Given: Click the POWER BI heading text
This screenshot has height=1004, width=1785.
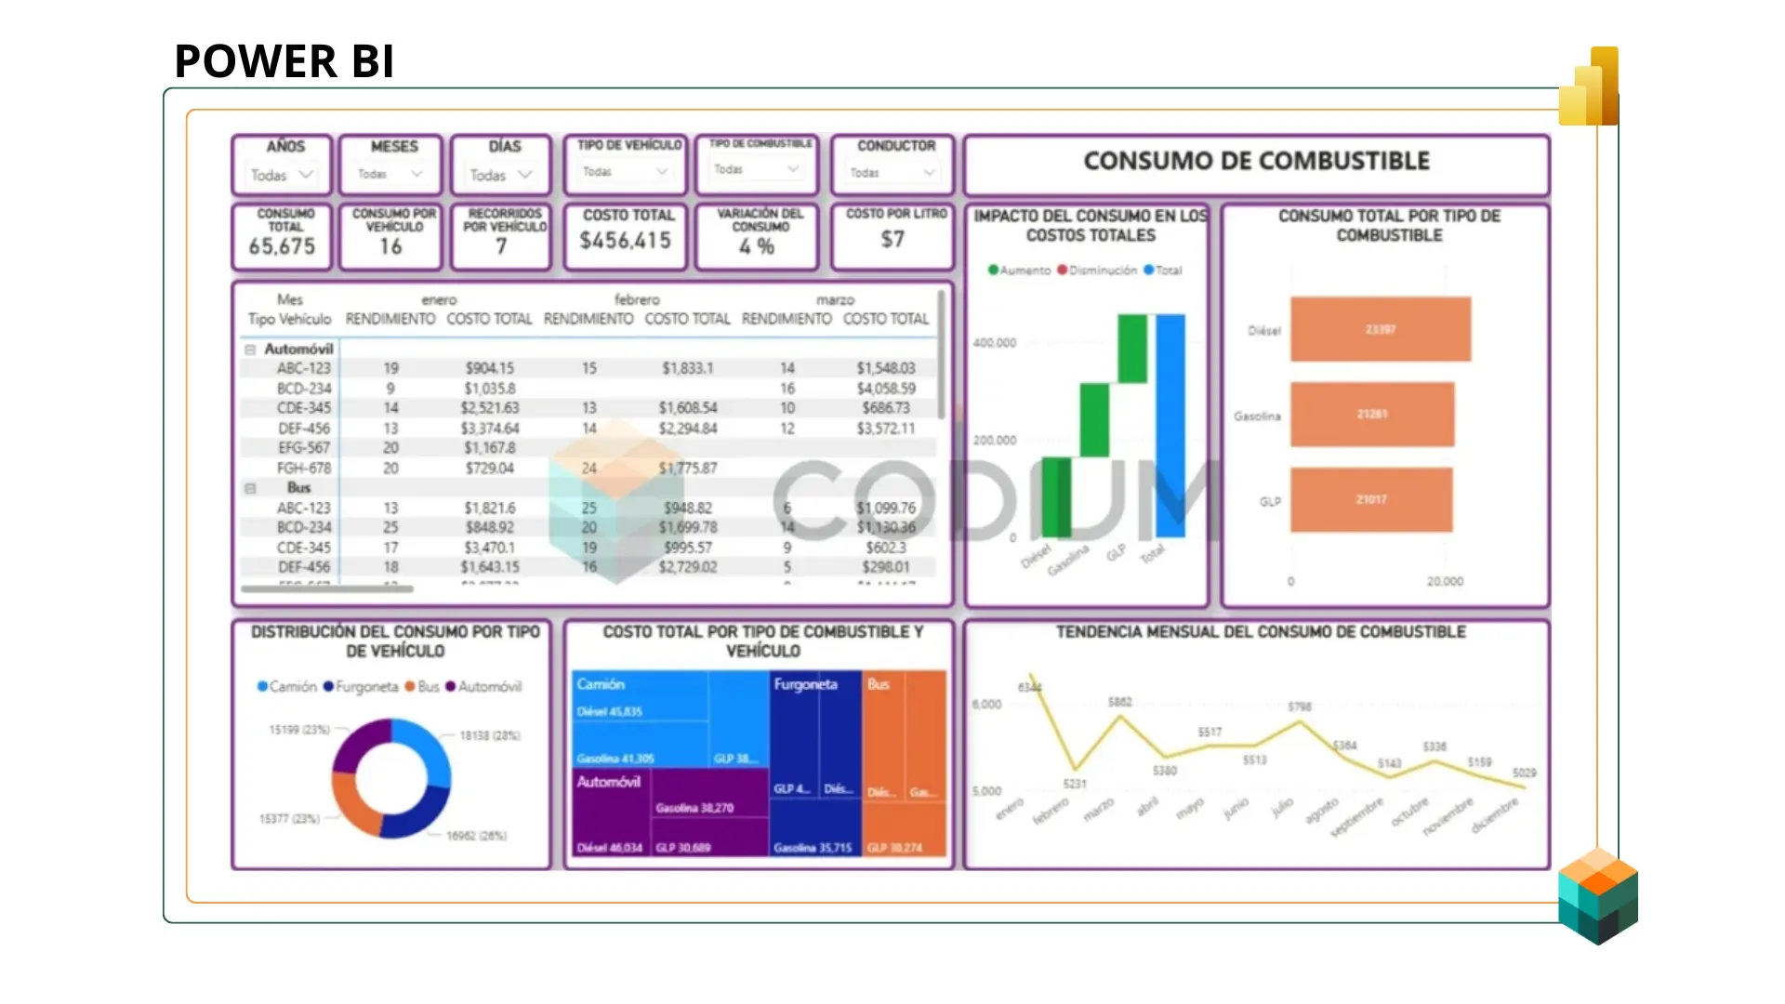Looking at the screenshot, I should [284, 61].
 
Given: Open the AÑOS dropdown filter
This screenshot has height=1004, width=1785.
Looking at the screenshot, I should [283, 175].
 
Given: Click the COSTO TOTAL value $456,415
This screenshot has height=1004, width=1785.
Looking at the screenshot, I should [625, 241].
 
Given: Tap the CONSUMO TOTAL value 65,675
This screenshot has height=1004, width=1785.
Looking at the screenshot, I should [282, 246].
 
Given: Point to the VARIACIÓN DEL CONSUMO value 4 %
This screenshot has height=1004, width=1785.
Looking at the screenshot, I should [757, 246].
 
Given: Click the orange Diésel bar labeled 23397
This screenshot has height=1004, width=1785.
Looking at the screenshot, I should [1380, 329].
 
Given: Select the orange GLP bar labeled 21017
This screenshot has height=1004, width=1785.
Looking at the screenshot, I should [1370, 499].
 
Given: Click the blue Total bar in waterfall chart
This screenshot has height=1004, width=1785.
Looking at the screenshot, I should [1170, 426].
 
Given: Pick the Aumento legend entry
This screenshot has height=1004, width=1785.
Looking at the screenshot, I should [1019, 271].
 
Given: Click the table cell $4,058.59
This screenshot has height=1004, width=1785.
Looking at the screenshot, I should [885, 389].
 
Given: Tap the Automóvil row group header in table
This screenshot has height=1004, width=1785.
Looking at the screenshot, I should [297, 349].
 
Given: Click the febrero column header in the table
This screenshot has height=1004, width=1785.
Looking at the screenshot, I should [637, 299].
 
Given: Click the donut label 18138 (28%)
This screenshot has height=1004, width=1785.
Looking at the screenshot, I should [490, 735].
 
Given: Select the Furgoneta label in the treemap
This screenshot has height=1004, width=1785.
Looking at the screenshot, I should [805, 684].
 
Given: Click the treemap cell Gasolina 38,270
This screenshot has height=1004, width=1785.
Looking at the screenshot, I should [694, 808].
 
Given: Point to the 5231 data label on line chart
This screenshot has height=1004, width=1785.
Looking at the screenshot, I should [1075, 784].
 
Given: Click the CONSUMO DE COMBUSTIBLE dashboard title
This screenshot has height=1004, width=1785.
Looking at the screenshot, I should [1256, 161].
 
